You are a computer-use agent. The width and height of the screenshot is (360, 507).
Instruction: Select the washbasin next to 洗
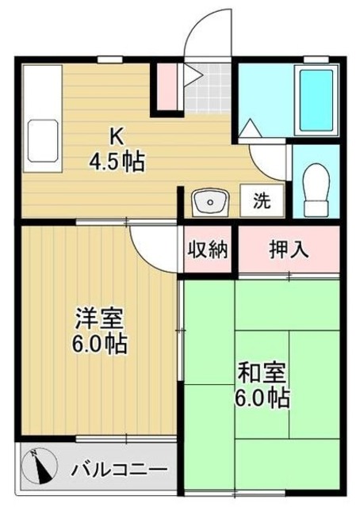210,202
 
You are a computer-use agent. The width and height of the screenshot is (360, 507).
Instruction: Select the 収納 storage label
208,250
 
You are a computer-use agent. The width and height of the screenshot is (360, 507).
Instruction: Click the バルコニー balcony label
119,468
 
